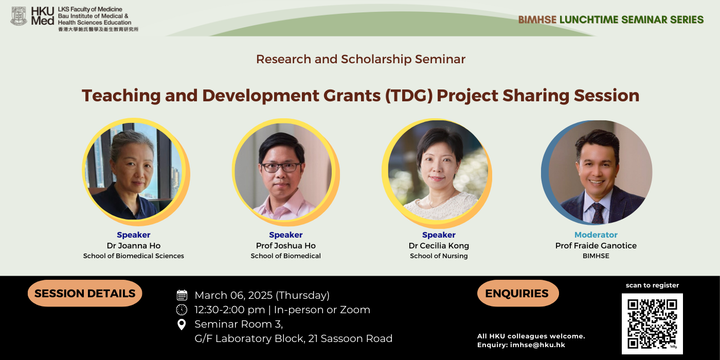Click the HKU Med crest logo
coord(19,16)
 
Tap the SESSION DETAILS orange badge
coord(85,293)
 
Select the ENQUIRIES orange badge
coord(518,293)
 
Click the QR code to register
coord(652,323)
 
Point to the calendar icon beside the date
coord(182,295)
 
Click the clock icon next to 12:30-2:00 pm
coord(182,310)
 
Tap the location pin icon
coord(182,325)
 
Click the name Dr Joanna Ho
coord(134,246)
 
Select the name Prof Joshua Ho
coord(286,246)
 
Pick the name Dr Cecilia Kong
coord(439,246)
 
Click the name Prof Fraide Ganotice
coord(596,246)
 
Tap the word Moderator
coord(596,235)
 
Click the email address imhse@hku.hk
coord(537,345)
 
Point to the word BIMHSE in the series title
coord(537,20)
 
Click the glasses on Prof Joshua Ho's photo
coord(281,167)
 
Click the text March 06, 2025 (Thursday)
coord(262,295)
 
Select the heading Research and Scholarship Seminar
coord(361,59)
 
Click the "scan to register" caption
coord(652,285)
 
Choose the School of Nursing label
coord(439,256)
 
